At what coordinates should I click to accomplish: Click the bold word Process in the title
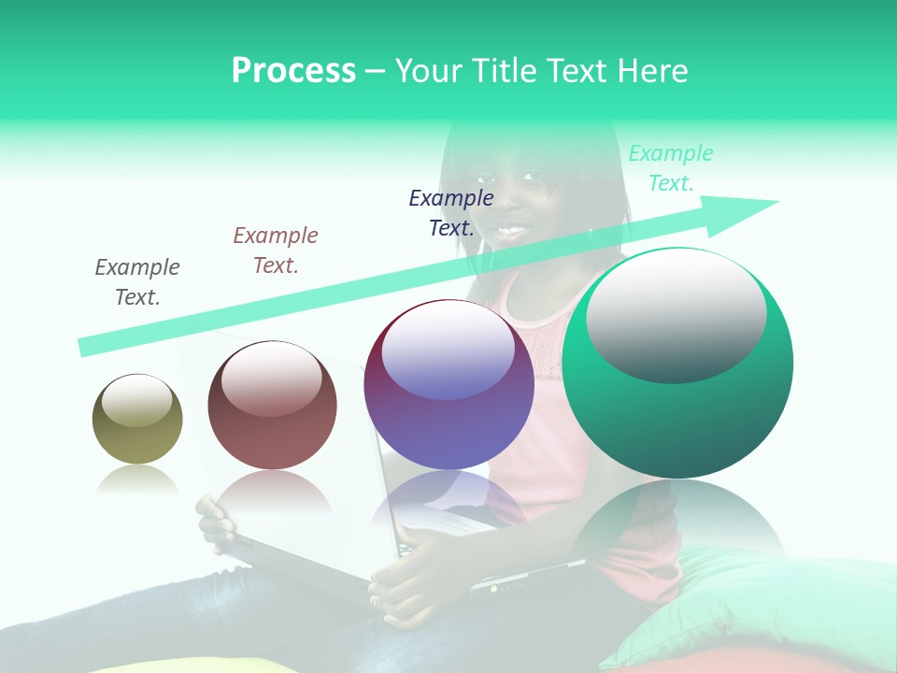click(293, 71)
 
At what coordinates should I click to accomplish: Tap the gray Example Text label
click(137, 282)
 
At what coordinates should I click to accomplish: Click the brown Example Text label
click(276, 251)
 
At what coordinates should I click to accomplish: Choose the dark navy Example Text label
click(451, 212)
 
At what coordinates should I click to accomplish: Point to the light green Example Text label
click(671, 168)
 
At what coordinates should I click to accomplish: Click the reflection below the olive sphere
click(137, 480)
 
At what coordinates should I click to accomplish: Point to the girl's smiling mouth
click(511, 228)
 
